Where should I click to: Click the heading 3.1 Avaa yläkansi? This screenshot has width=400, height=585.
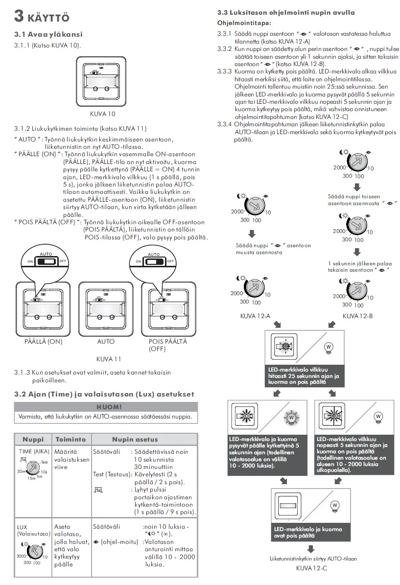[48, 34]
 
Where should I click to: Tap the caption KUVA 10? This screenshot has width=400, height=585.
[103, 114]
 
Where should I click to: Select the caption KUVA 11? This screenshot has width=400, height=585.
[109, 359]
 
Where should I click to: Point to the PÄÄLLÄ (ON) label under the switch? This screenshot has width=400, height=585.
[43, 342]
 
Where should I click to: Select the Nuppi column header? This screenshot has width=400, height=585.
[33, 439]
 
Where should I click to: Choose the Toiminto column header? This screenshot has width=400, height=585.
[71, 439]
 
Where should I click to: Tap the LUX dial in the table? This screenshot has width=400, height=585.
[34, 553]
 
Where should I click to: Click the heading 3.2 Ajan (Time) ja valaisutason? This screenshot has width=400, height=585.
[104, 394]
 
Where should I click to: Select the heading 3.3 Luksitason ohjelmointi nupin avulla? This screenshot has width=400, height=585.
[286, 13]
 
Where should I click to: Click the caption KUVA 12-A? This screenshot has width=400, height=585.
[255, 316]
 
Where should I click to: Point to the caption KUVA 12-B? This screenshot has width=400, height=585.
[357, 316]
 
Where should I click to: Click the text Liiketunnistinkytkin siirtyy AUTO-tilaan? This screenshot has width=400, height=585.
[313, 559]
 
